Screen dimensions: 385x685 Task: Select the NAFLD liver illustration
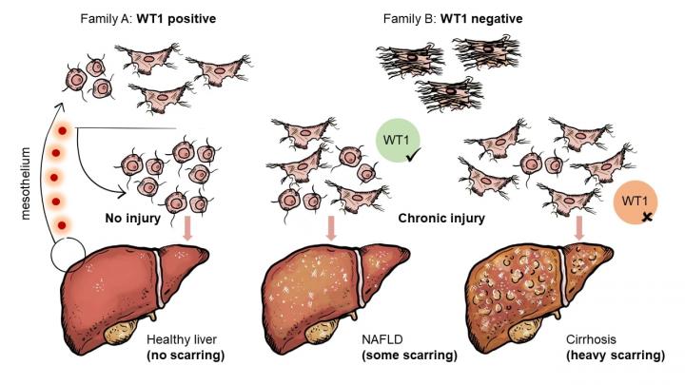coord(334,290)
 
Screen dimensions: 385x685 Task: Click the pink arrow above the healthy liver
coord(188,229)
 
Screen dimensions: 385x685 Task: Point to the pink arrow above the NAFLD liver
coord(330,229)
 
